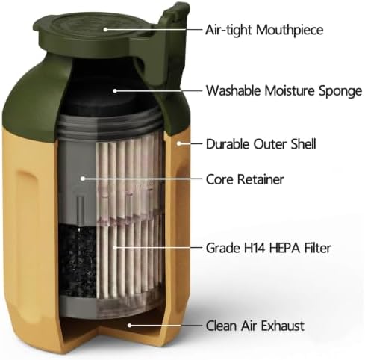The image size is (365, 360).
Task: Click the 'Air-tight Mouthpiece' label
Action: pyautogui.click(x=264, y=30)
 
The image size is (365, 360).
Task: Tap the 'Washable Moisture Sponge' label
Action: pyautogui.click(x=284, y=90)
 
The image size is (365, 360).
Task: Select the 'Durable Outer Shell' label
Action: pyautogui.click(x=261, y=144)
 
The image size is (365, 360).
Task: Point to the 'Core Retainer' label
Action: pyautogui.click(x=245, y=179)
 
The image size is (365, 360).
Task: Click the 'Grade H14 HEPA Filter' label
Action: pyautogui.click(x=269, y=248)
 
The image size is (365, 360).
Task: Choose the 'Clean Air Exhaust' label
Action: pyautogui.click(x=255, y=326)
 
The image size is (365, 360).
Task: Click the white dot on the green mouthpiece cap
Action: pyautogui.click(x=105, y=29)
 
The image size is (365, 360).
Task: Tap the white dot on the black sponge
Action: pyautogui.click(x=115, y=91)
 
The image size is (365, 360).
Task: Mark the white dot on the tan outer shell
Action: pyautogui.click(x=178, y=143)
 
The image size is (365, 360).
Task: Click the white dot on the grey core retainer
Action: pyautogui.click(x=83, y=179)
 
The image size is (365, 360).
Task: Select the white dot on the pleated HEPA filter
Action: pyautogui.click(x=115, y=247)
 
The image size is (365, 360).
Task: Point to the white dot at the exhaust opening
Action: pyautogui.click(x=129, y=325)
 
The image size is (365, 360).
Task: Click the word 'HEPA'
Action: pyautogui.click(x=281, y=248)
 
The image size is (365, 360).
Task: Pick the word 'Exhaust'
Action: pyautogui.click(x=280, y=326)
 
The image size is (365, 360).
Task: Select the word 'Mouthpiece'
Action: pyautogui.click(x=290, y=31)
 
